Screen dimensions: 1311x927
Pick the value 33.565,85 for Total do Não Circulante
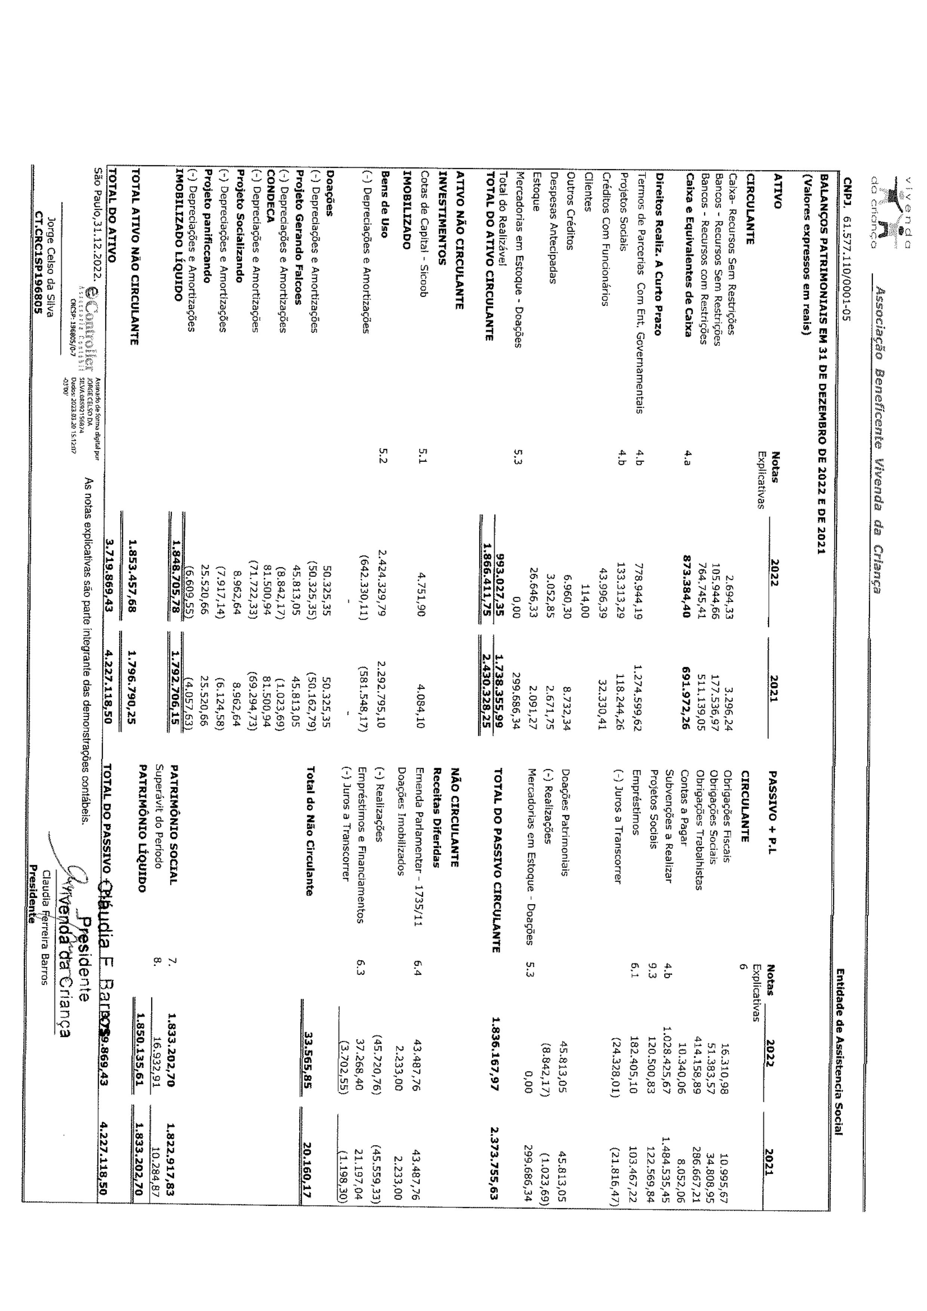[x=309, y=1056]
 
